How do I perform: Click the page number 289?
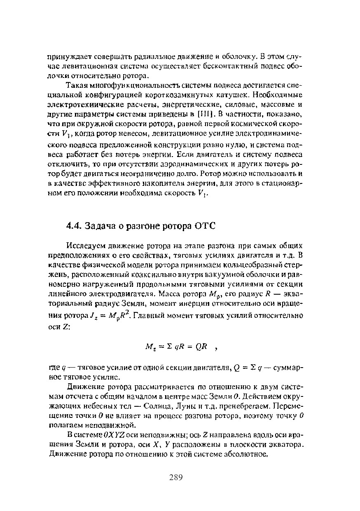[x=175, y=478]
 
